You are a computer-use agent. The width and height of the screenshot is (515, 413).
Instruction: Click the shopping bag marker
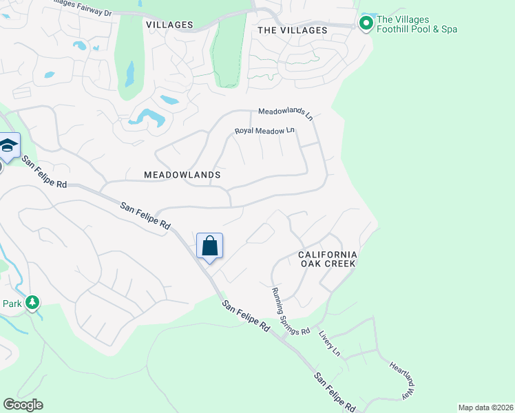209,246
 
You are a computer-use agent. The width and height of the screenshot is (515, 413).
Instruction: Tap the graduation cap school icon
8,145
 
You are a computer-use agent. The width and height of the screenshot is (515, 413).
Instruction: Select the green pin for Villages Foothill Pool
366,24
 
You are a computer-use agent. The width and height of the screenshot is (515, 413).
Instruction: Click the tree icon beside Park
32,302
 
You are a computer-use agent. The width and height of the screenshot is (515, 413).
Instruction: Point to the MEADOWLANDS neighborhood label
182,175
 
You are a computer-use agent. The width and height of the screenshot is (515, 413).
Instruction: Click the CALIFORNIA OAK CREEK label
327,259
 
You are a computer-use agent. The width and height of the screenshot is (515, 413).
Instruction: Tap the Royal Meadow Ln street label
264,130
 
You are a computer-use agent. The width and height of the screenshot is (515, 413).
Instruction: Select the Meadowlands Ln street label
286,113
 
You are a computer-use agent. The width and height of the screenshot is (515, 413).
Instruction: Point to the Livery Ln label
329,343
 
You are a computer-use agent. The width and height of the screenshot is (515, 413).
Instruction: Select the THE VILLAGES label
292,30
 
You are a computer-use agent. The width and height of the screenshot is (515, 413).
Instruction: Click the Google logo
23,405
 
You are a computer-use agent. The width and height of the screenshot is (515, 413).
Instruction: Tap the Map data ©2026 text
485,407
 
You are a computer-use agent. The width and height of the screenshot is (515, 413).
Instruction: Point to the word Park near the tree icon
12,303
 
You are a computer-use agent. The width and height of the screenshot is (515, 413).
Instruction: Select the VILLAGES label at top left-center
169,25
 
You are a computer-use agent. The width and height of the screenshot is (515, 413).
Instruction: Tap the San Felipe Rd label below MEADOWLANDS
145,215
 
